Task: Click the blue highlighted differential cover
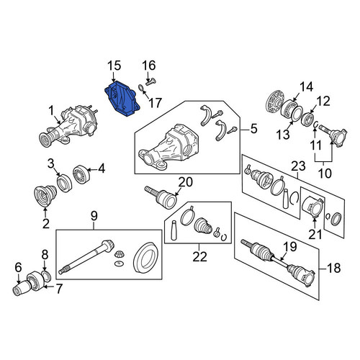click(x=122, y=99)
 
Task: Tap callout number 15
click(x=114, y=66)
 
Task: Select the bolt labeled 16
click(x=150, y=81)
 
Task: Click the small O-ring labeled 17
click(x=142, y=89)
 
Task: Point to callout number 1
click(x=51, y=111)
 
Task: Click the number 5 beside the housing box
click(x=253, y=128)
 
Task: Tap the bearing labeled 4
click(x=81, y=174)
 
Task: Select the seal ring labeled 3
click(x=64, y=183)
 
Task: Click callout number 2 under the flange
click(x=46, y=223)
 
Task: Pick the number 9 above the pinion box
click(x=94, y=216)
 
